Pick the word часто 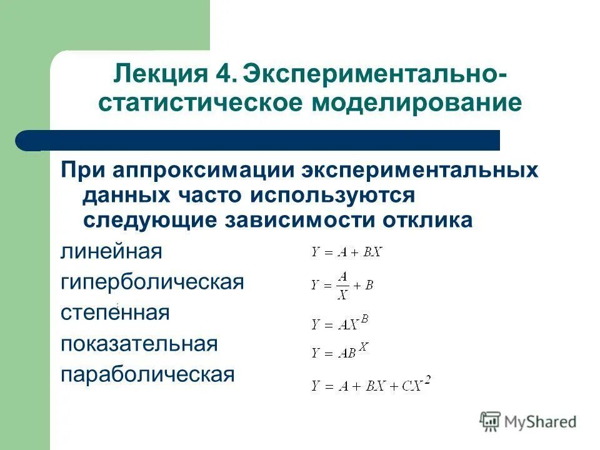click(x=209, y=196)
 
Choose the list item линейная click(x=111, y=252)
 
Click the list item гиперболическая click(x=152, y=282)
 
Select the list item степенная click(x=115, y=312)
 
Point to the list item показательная click(x=139, y=343)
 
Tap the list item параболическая click(x=147, y=374)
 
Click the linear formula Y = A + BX click(x=346, y=252)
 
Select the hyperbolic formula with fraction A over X click(x=342, y=285)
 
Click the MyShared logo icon click(x=491, y=422)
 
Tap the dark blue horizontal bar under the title click(x=262, y=140)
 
